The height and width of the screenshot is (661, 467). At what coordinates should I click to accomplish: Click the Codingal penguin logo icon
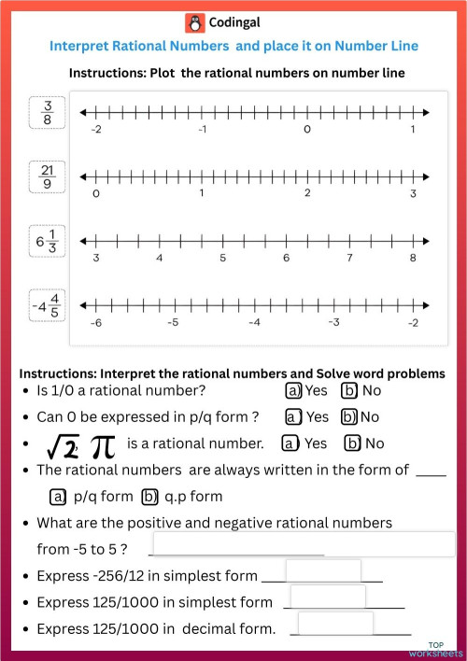[x=194, y=23]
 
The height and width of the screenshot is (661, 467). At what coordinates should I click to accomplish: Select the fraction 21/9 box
[x=48, y=176]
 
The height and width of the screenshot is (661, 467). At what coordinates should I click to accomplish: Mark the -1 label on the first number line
[x=202, y=130]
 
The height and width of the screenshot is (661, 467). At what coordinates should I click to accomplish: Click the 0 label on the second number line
[x=96, y=194]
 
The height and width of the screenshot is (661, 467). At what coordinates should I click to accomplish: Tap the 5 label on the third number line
[x=222, y=258]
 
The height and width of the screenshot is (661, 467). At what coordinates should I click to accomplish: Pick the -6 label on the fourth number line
[x=95, y=322]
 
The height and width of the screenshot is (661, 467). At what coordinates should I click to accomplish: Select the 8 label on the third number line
[x=412, y=258]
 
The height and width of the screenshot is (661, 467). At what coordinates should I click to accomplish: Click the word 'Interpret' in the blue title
[x=83, y=45]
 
